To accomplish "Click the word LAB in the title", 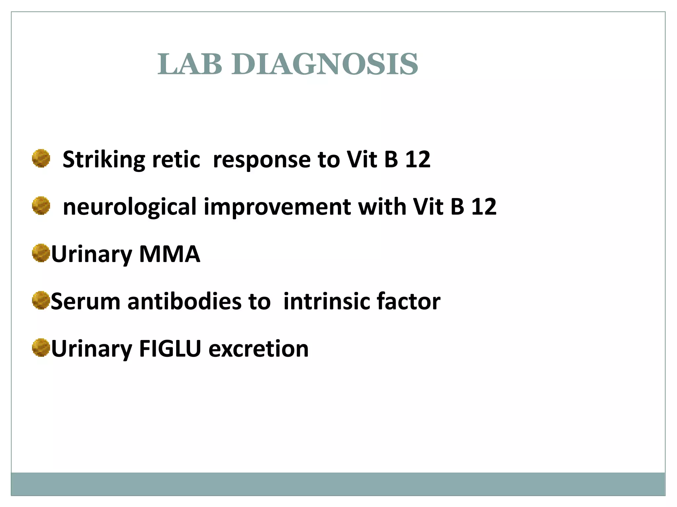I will tap(190, 64).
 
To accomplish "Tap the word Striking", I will tap(103, 160).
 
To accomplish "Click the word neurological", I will tap(130, 207).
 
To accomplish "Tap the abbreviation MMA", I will tap(170, 254).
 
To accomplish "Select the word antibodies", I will tap(184, 302).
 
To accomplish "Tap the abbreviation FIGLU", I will tap(170, 349).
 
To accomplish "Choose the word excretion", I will tap(259, 349).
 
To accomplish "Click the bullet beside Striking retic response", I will tap(41, 158).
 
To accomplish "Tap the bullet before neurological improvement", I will tap(41, 206).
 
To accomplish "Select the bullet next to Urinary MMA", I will tap(41, 253).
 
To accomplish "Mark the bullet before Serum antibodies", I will tap(41, 300).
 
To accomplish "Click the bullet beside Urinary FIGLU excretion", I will tap(41, 348).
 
